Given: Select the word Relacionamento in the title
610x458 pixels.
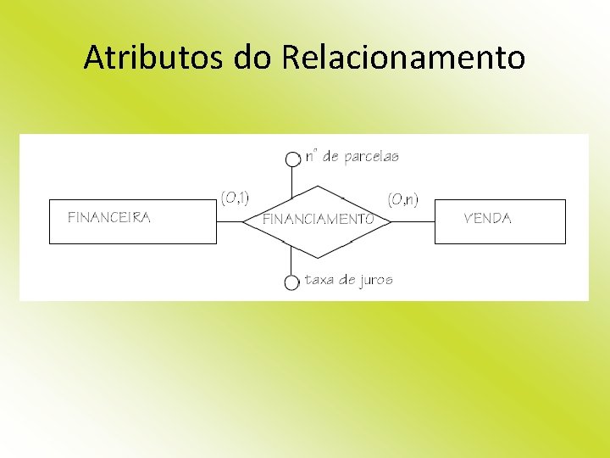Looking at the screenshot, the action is (x=402, y=58).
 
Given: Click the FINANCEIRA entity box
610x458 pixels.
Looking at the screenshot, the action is (x=133, y=221).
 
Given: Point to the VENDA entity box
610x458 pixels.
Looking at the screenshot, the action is (x=500, y=221).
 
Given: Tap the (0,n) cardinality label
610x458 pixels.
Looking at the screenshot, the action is (x=402, y=200).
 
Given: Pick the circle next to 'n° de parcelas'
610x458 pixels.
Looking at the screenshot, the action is (x=292, y=159).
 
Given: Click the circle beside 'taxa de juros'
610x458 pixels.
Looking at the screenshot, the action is (x=292, y=282).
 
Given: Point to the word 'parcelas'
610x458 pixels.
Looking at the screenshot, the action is (x=372, y=157).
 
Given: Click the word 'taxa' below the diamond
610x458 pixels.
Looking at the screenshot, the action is (x=319, y=280).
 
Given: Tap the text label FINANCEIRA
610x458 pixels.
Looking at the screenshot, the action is (x=109, y=217).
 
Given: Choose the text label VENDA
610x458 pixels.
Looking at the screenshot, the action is (x=488, y=218).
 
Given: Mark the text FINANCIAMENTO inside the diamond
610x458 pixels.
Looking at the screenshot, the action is (x=318, y=219).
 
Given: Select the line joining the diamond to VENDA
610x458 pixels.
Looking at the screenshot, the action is (x=413, y=221).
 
